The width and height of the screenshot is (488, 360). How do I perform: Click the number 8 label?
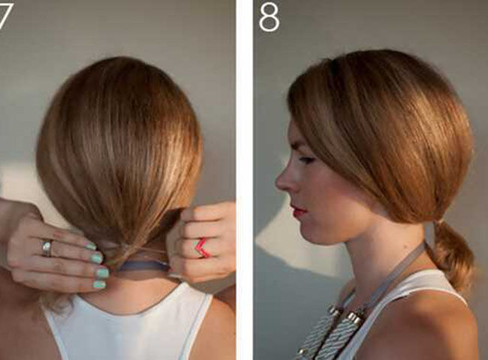tap(270, 18)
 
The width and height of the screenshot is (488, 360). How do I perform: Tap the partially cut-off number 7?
tap(5, 16)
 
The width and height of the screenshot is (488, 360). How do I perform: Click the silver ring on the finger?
tap(47, 247)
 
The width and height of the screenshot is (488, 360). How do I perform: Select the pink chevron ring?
tap(202, 247)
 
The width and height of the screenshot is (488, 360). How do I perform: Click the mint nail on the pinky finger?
tap(100, 284)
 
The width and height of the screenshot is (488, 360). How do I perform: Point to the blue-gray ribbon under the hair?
tap(143, 267)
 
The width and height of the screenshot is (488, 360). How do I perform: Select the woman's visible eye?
tap(306, 160)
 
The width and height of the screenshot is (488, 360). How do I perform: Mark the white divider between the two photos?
tap(244, 180)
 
